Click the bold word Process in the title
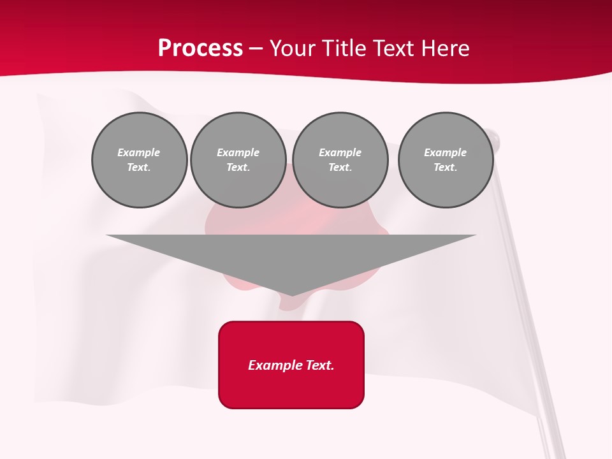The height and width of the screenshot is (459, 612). (200, 48)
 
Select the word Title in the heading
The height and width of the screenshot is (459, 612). (345, 48)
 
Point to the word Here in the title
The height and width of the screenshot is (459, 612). (446, 48)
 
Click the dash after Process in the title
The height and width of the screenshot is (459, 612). (256, 49)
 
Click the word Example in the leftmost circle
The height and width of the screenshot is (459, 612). (139, 152)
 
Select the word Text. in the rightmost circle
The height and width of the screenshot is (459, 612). (446, 167)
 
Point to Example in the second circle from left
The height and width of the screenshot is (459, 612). (238, 152)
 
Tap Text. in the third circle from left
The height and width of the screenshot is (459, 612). (340, 167)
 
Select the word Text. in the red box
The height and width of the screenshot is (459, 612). (319, 365)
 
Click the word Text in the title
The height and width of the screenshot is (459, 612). (395, 48)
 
